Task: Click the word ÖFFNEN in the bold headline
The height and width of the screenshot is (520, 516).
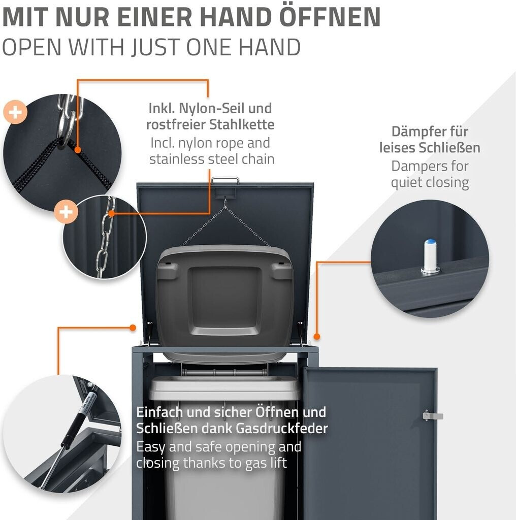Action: (x=330, y=17)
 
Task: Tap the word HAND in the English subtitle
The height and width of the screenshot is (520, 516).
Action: (x=270, y=47)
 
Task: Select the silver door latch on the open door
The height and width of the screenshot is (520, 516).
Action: (x=433, y=415)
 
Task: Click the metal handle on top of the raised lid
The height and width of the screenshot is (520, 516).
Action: (x=225, y=180)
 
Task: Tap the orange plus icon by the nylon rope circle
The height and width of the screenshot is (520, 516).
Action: (x=15, y=112)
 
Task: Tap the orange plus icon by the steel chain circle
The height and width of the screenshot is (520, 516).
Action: (x=67, y=212)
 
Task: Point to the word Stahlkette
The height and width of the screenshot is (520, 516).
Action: (x=242, y=125)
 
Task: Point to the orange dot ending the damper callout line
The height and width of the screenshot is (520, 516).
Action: (x=317, y=336)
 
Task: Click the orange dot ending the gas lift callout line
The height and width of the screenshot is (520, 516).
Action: (x=133, y=328)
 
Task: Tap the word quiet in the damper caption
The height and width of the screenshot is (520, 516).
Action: (x=406, y=183)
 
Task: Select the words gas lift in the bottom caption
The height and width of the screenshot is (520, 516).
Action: (x=266, y=463)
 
